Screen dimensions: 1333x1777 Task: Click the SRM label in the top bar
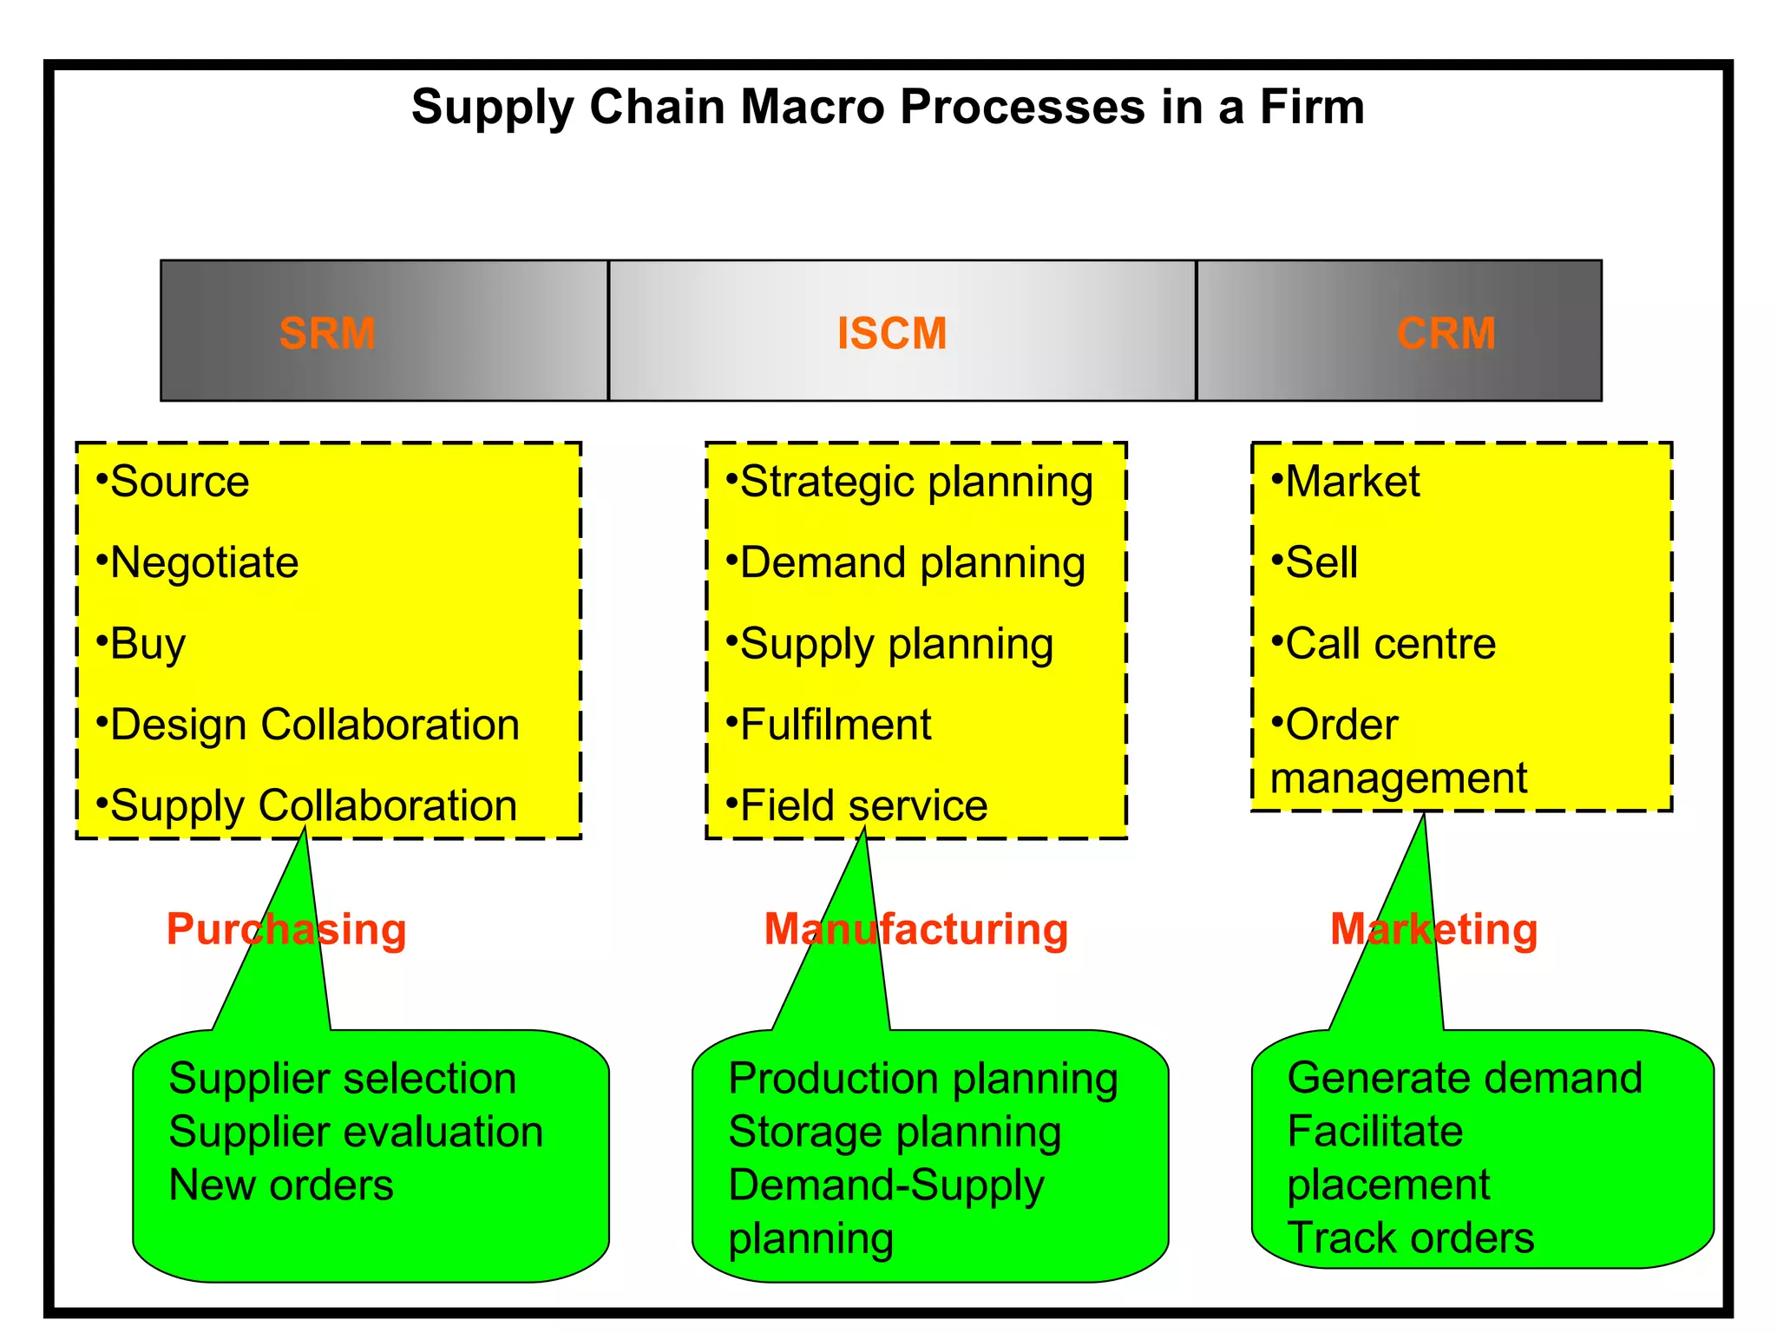[x=327, y=333]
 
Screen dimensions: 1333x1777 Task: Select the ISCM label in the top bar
[x=891, y=333]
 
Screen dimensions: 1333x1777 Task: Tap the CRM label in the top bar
[x=1446, y=333]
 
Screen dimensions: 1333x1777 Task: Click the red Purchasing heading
[x=286, y=929]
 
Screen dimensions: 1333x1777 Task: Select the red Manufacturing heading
[x=915, y=929]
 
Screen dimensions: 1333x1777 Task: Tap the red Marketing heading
[x=1433, y=929]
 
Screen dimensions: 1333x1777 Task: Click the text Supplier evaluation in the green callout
[x=356, y=1132]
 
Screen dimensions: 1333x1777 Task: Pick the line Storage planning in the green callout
[x=894, y=1132]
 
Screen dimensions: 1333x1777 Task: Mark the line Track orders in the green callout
[x=1410, y=1238]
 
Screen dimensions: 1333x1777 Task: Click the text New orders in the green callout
[x=281, y=1185]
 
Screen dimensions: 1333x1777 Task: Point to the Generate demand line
[x=1465, y=1078]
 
